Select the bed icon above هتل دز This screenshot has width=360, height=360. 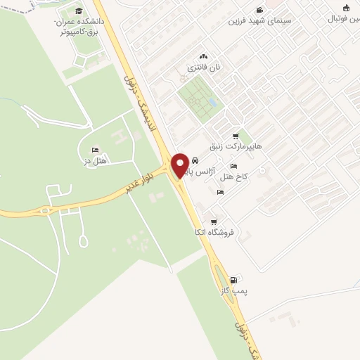tap(95, 150)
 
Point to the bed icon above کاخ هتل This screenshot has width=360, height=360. tap(233, 166)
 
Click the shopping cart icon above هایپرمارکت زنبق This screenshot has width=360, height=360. tap(235, 136)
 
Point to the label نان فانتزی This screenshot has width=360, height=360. tap(203, 67)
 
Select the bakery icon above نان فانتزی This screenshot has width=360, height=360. tap(203, 56)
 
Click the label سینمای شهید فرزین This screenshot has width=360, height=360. tap(253, 20)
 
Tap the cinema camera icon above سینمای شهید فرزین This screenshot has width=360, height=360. tap(259, 10)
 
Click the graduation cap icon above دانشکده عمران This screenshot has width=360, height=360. tap(79, 11)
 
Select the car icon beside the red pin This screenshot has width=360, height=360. tap(195, 161)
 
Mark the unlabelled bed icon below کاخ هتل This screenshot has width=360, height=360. tap(220, 192)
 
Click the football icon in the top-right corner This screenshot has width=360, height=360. tap(346, 8)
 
